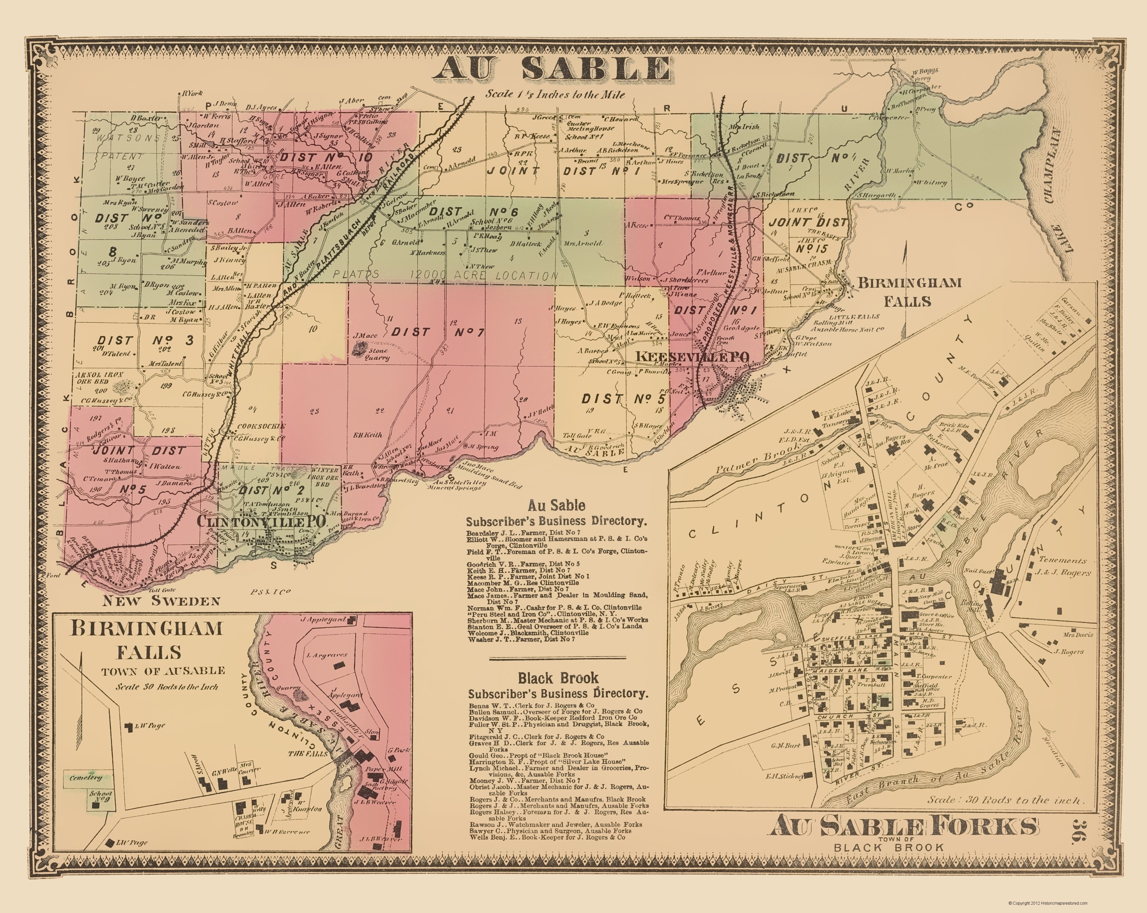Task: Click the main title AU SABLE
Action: [550, 69]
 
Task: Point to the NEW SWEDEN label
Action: [161, 601]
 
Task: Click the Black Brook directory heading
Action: [558, 678]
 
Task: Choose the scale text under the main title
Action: [555, 94]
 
